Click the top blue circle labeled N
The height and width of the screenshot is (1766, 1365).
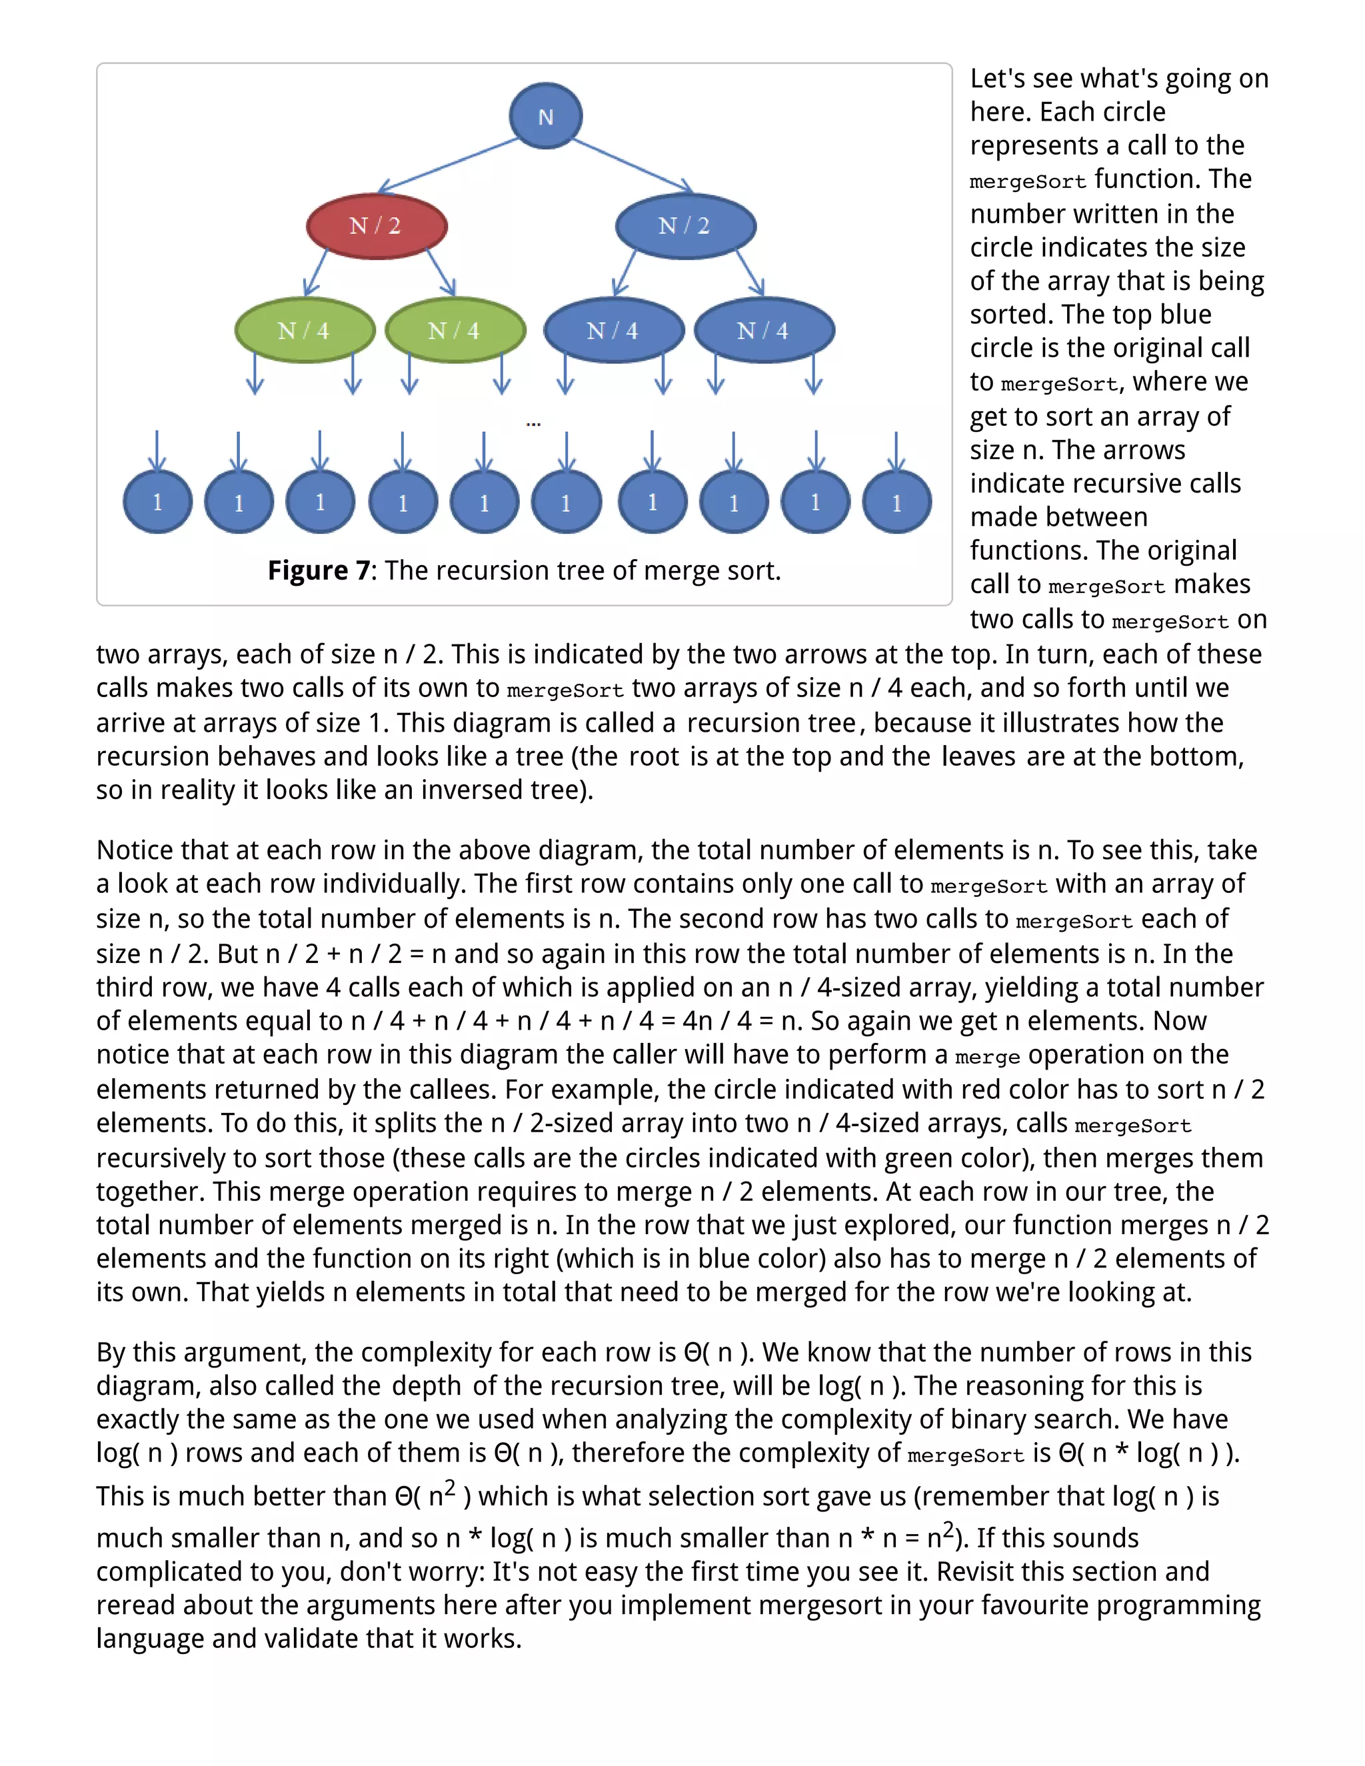point(545,116)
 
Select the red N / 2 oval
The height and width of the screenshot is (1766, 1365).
point(376,226)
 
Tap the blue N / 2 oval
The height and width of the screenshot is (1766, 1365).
point(685,226)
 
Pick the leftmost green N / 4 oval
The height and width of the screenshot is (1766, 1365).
point(304,330)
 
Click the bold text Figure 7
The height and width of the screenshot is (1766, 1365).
point(319,571)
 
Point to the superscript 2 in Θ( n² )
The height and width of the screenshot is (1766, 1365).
point(450,1486)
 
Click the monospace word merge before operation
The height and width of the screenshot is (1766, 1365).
point(986,1056)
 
